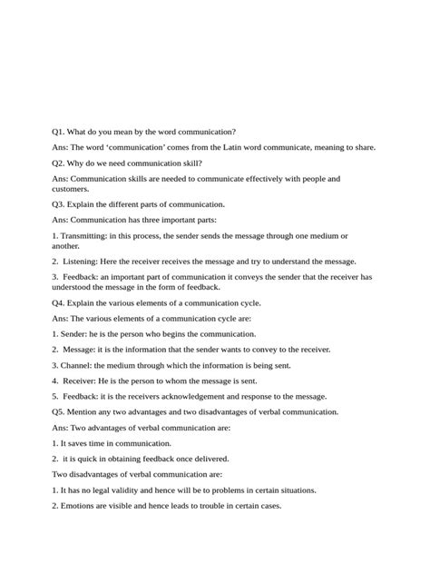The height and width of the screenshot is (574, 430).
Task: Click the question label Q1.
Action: [60, 132]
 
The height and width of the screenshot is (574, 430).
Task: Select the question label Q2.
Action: [60, 163]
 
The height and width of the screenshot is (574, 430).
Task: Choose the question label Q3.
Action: [60, 204]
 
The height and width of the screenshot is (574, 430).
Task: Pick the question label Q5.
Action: [60, 411]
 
